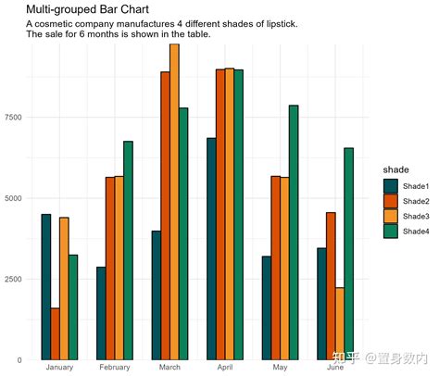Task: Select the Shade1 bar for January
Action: [x=46, y=286]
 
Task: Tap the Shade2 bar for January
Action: [x=56, y=333]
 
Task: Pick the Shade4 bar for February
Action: [x=128, y=250]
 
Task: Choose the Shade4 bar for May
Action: [x=294, y=232]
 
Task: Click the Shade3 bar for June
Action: [x=340, y=323]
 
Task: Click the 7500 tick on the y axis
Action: [x=12, y=118]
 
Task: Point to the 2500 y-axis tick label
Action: [x=12, y=279]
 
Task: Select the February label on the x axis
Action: [x=115, y=369]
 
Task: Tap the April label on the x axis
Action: [x=225, y=369]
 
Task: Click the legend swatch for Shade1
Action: [x=391, y=186]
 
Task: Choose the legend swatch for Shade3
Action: [x=391, y=217]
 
